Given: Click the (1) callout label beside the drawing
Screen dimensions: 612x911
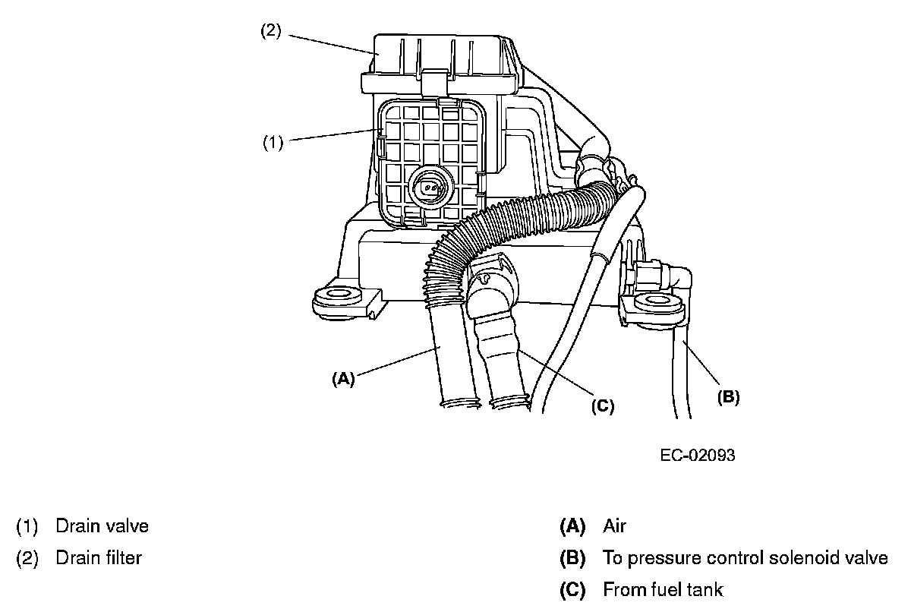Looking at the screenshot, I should (x=273, y=142).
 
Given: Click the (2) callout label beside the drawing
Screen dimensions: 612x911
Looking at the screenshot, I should (x=271, y=32).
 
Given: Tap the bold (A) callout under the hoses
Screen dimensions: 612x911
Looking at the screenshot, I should (x=343, y=378).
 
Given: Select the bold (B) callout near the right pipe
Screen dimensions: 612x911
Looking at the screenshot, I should (x=727, y=396).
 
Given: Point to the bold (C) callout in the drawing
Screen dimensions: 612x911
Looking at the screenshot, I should (x=602, y=406).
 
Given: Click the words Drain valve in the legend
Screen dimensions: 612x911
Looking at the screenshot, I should (x=102, y=525).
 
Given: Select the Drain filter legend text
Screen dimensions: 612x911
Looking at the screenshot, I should (x=99, y=558).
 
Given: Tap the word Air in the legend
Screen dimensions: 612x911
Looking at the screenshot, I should (x=615, y=525).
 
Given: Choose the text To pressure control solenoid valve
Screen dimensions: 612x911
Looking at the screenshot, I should (x=745, y=558).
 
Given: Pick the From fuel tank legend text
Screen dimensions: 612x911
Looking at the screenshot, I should (x=663, y=590).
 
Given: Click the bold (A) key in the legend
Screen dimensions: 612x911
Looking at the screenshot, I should (x=572, y=525).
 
